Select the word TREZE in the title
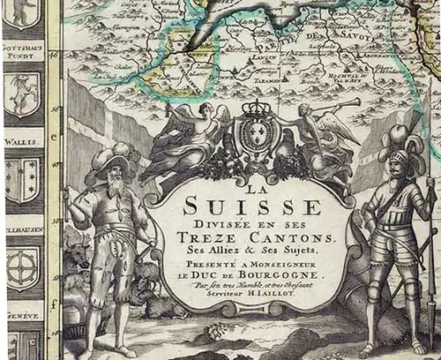click(215, 238)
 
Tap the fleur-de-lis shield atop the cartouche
click(257, 137)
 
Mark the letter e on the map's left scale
click(55, 138)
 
